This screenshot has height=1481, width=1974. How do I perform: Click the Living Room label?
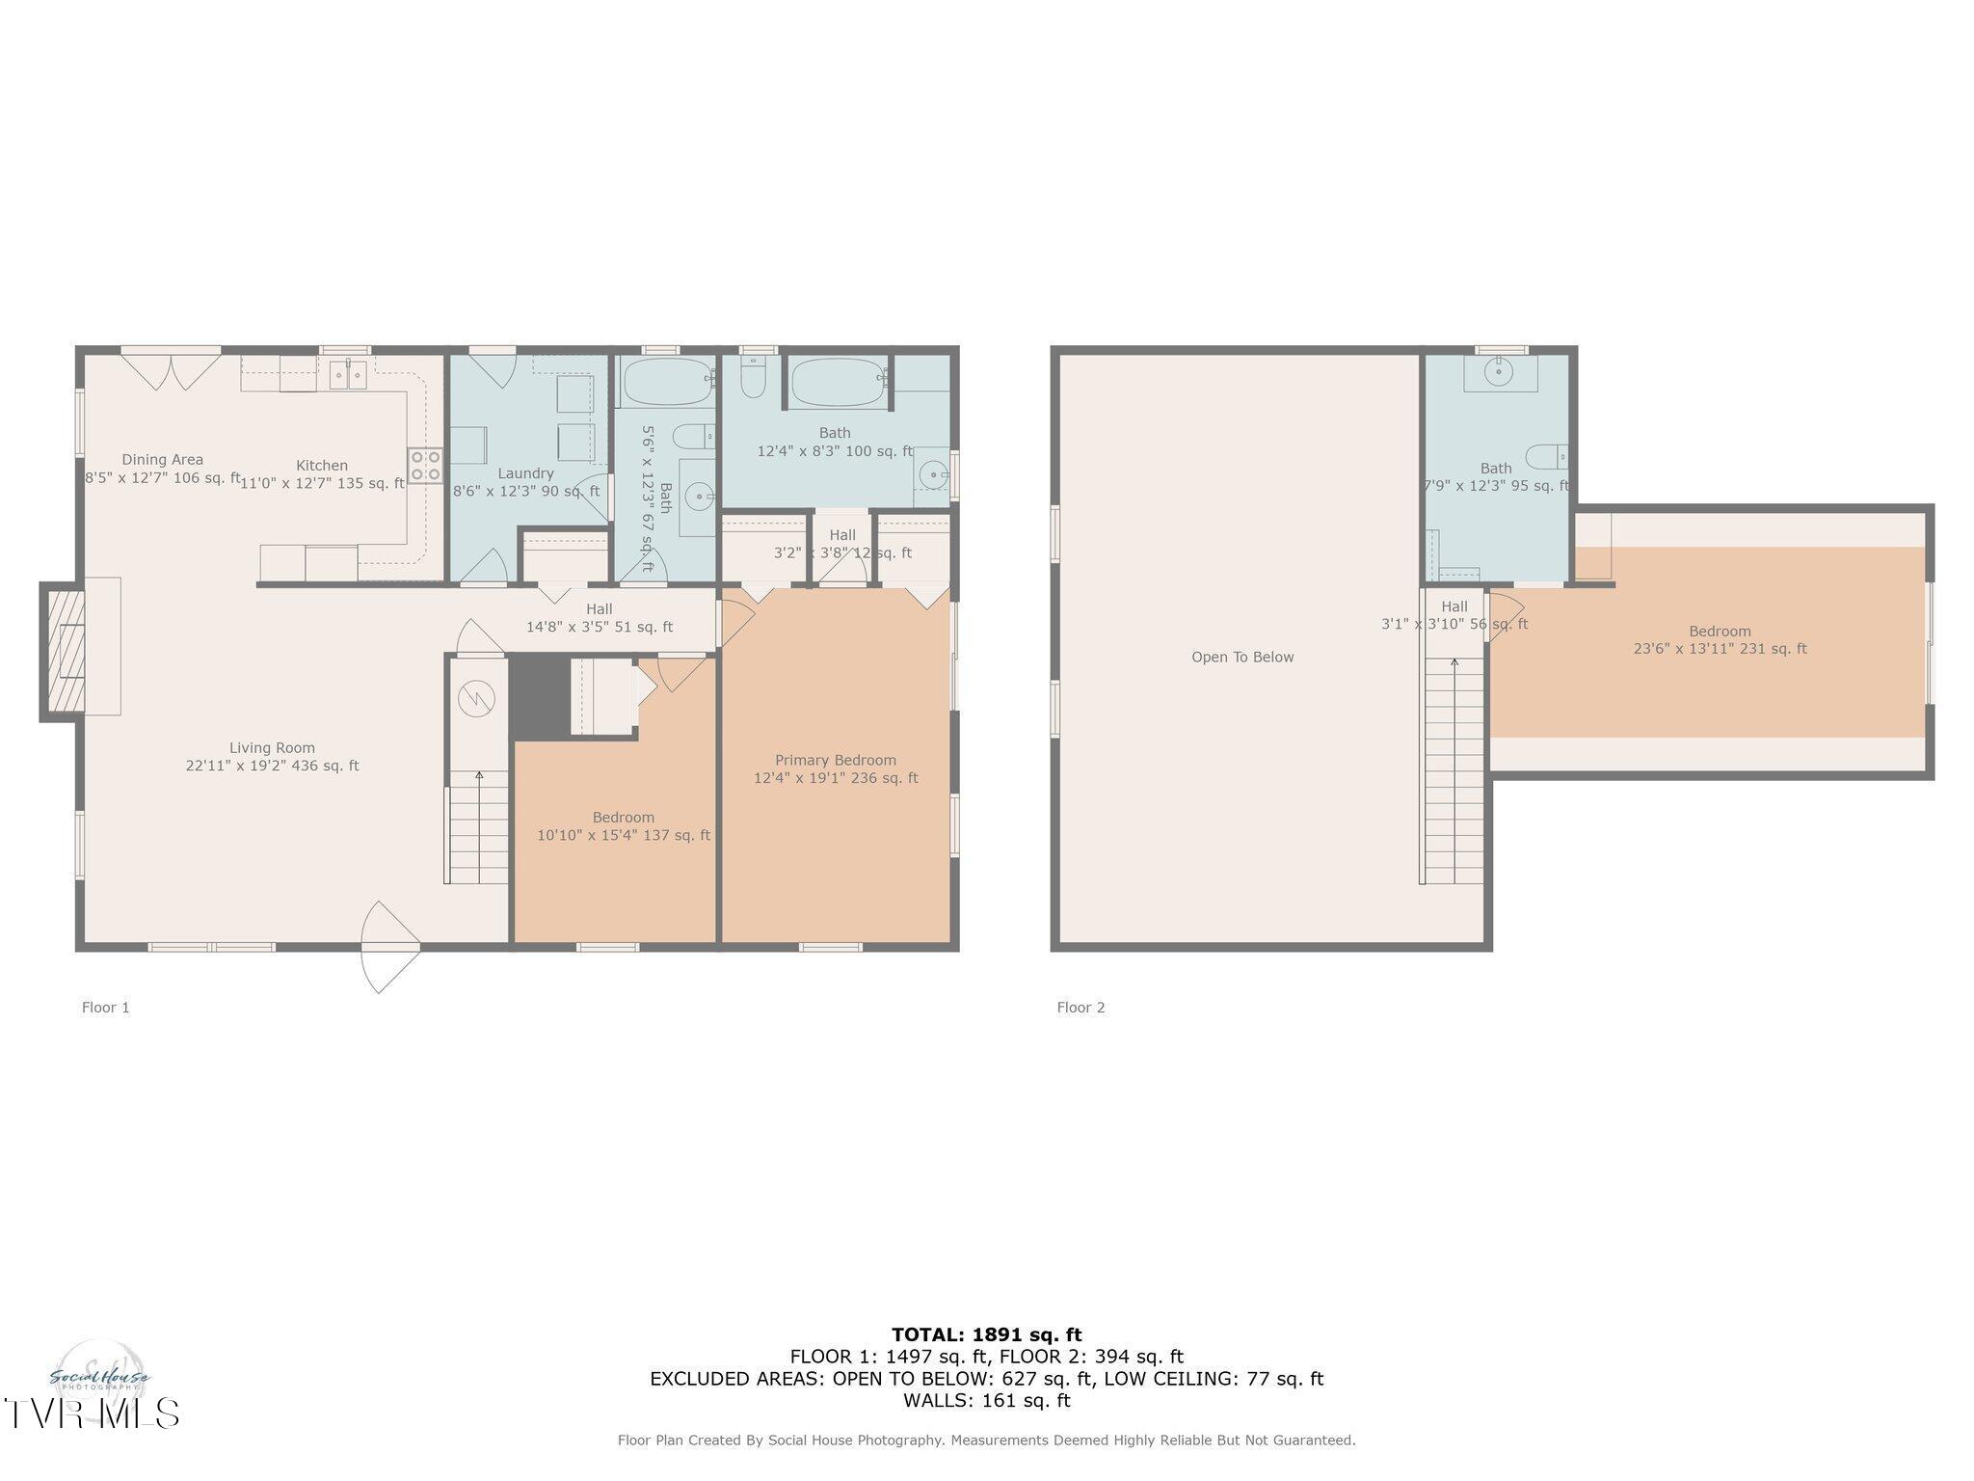click(272, 748)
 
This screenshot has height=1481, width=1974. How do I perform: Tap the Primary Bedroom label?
click(836, 761)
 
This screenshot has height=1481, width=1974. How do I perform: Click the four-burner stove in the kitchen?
click(425, 466)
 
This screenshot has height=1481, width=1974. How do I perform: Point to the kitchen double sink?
click(348, 374)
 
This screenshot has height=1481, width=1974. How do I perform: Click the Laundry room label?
click(525, 473)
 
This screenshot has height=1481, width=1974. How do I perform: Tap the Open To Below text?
click(1242, 658)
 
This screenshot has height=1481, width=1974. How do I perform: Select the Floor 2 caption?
click(1080, 1008)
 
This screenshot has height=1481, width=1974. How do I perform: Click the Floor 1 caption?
click(105, 1008)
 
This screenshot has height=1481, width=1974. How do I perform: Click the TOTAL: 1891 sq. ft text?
click(986, 1335)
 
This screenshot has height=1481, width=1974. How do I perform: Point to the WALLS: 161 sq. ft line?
click(986, 1400)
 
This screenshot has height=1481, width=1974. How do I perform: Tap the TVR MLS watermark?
click(92, 1413)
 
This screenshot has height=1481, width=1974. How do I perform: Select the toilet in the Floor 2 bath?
click(1547, 456)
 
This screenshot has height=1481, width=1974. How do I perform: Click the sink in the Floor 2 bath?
click(1498, 371)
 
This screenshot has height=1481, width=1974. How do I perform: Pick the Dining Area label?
click(162, 460)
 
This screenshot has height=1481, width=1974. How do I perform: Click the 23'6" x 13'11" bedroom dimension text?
click(1720, 650)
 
